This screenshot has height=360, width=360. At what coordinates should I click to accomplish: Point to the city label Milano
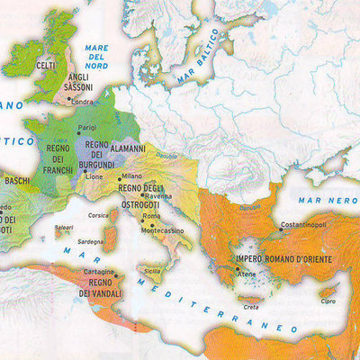point(131,176)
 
